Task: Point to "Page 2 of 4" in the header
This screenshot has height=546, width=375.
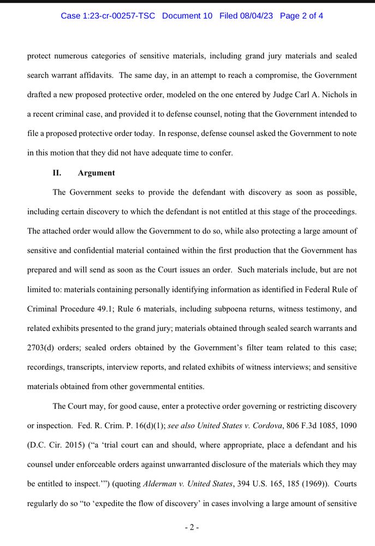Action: (301, 16)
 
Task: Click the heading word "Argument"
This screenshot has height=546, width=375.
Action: (97, 173)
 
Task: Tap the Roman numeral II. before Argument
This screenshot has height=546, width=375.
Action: (57, 173)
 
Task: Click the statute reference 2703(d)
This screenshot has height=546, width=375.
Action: (44, 348)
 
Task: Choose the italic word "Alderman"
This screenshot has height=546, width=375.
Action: (161, 484)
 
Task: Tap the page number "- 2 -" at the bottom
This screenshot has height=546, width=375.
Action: (192, 527)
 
